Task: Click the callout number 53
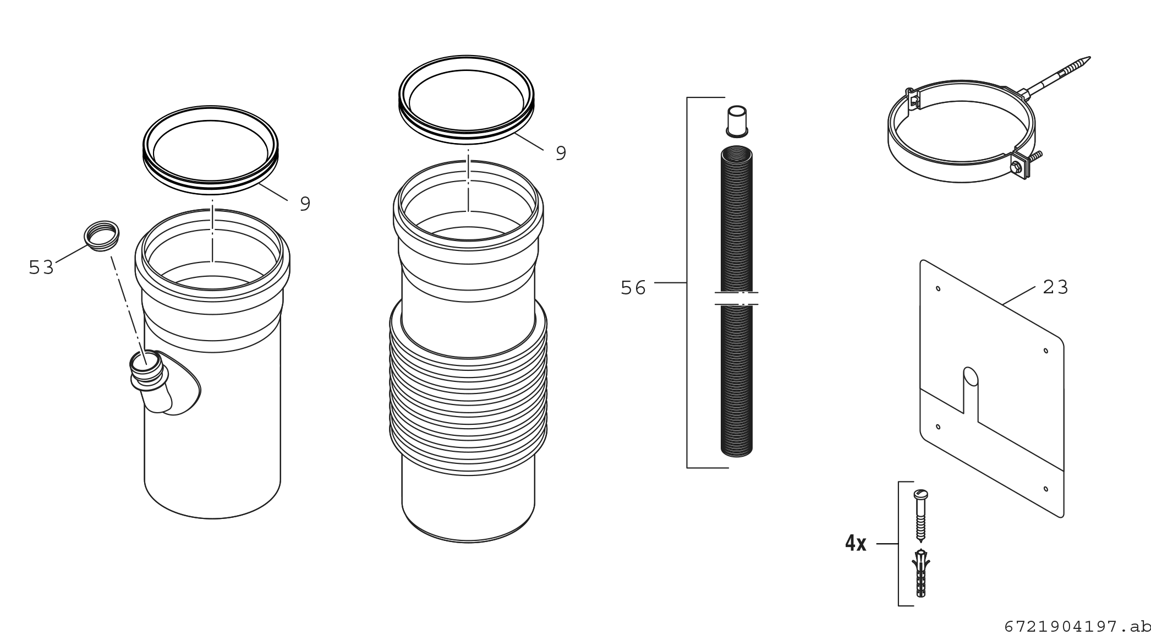tap(41, 267)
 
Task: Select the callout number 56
tap(633, 288)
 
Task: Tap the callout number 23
tap(1055, 287)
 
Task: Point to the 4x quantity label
tap(856, 544)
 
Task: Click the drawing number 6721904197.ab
tap(1077, 627)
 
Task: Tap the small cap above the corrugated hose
tap(737, 121)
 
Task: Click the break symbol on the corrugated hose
tap(737, 298)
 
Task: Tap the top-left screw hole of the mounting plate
tap(938, 288)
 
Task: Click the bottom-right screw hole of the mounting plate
tap(1045, 489)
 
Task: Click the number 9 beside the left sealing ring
tap(305, 204)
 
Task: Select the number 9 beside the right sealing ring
tap(561, 153)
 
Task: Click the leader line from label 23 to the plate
tap(1019, 295)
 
